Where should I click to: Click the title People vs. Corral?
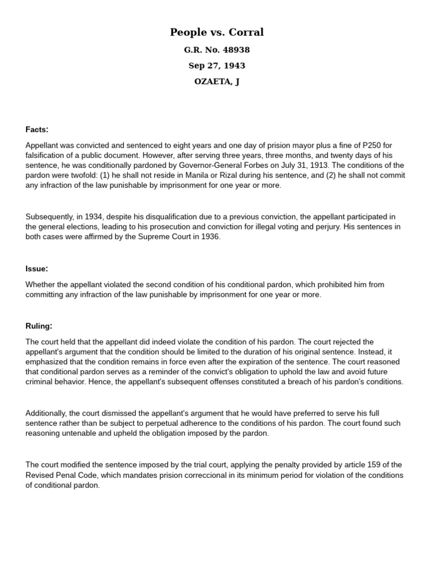pos(216,32)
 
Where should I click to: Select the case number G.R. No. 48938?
pos(216,50)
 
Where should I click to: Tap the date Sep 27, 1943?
pos(216,66)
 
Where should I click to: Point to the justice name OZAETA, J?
pos(216,81)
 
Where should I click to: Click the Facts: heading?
pos(37,129)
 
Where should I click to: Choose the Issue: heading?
pos(37,269)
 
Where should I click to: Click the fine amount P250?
pos(371,145)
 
